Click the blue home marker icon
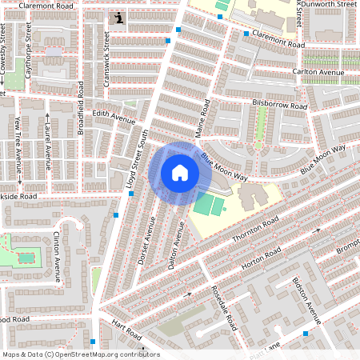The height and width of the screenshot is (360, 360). (x=180, y=173)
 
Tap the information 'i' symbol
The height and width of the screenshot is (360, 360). (x=119, y=18)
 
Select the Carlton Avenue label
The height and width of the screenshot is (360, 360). (x=318, y=72)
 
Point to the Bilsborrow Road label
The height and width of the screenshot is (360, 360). (x=279, y=105)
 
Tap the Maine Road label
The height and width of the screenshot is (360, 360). (x=202, y=118)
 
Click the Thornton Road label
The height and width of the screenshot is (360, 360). (x=255, y=228)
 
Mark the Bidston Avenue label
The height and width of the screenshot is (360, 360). (x=304, y=301)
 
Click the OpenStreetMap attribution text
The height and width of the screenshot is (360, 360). (x=80, y=354)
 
